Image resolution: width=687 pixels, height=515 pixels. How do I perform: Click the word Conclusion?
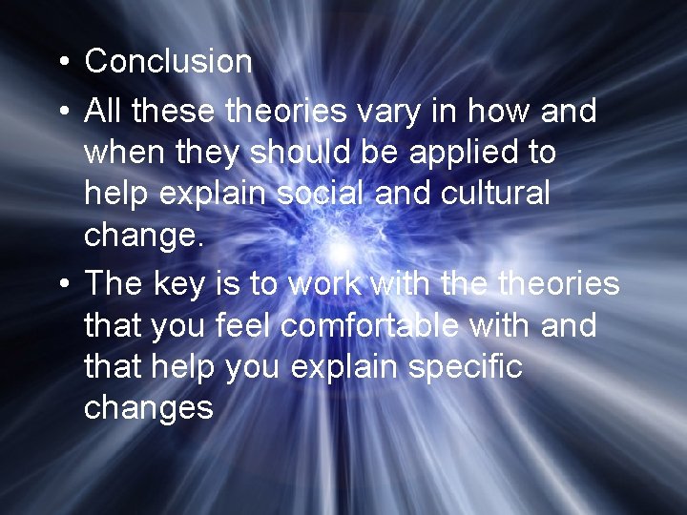click(x=168, y=62)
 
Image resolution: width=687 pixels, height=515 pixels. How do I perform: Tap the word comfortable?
click(x=400, y=325)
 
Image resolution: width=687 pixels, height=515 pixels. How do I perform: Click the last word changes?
click(x=148, y=409)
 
